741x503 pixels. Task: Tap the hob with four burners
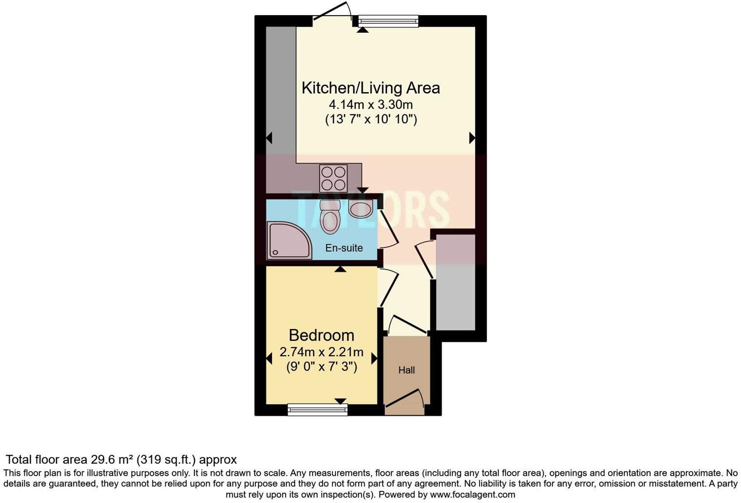(x=333, y=178)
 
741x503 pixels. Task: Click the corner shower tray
(x=289, y=240)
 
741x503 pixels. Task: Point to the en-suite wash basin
(x=361, y=209)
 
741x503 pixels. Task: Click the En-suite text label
(x=344, y=248)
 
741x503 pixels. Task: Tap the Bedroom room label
(x=321, y=335)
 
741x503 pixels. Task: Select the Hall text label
(x=407, y=370)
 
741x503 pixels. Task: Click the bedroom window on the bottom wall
(x=317, y=409)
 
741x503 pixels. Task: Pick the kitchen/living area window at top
(x=389, y=21)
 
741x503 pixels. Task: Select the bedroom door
(x=389, y=288)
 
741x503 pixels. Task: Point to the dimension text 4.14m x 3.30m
(x=370, y=104)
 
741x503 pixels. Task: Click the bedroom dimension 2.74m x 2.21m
(x=321, y=352)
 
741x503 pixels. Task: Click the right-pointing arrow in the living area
(x=472, y=138)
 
